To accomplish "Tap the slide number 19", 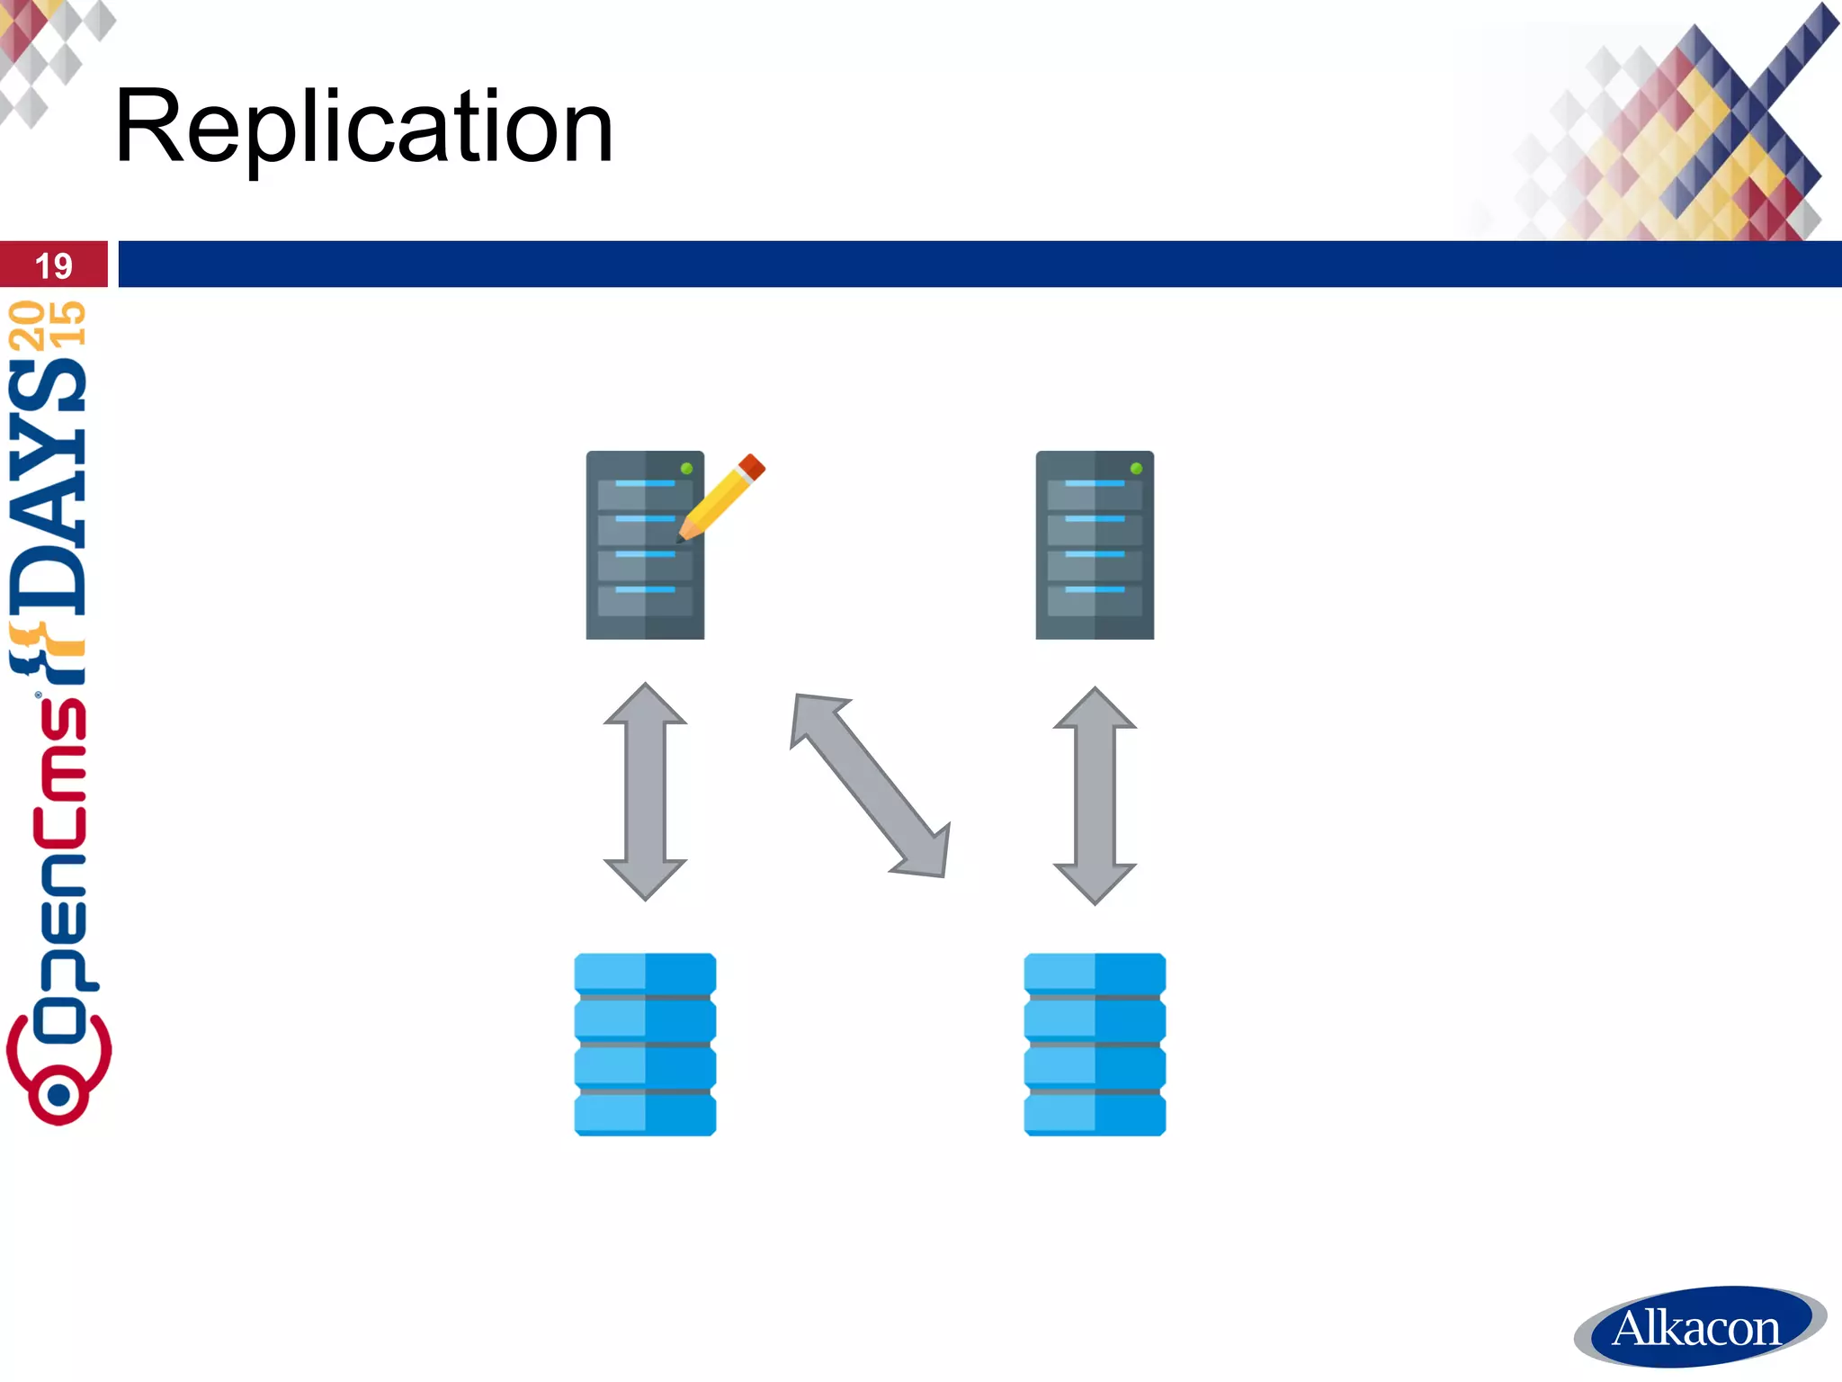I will (x=53, y=265).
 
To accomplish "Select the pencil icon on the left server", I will (x=722, y=497).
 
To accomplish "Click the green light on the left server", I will (x=686, y=468).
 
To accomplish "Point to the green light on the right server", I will (x=1136, y=468).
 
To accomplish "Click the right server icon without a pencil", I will (x=1095, y=545).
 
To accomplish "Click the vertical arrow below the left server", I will (x=645, y=792).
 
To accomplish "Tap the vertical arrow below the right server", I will (x=1095, y=795).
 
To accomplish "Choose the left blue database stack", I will (x=645, y=1044).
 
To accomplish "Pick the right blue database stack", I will (x=1095, y=1044).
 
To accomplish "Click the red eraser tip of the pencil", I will (x=752, y=467).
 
